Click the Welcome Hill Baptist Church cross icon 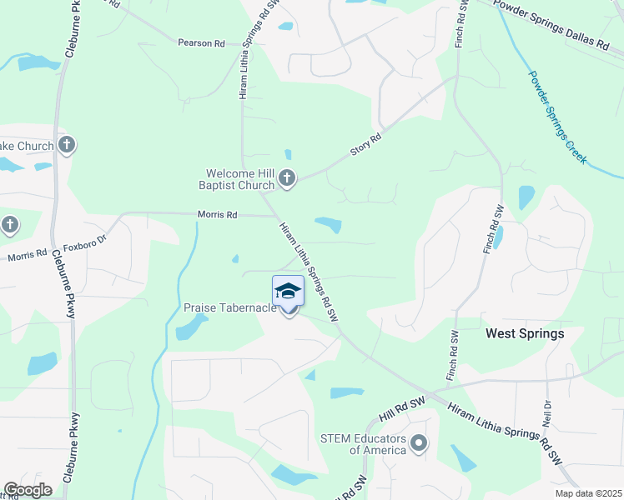tap(287, 177)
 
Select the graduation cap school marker tap(288, 291)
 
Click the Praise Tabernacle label tap(229, 307)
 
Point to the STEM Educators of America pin tap(420, 443)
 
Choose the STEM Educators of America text tap(365, 444)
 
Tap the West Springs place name tap(525, 333)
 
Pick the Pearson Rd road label tap(202, 42)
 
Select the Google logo tap(28, 490)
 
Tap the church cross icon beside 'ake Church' tap(67, 146)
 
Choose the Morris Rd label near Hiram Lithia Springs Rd tap(217, 215)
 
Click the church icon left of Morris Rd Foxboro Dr tap(9, 225)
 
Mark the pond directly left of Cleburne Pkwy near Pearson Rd tap(33, 62)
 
